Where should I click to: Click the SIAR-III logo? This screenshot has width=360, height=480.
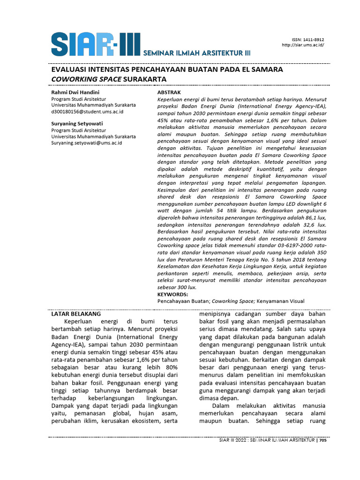(x=95, y=44)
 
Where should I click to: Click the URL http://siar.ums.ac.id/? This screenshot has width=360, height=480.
(x=303, y=45)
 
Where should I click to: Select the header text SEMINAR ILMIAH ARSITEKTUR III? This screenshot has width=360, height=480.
(x=196, y=53)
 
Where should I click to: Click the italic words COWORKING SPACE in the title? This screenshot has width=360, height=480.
(x=86, y=79)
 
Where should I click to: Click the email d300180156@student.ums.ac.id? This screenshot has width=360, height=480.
(x=87, y=112)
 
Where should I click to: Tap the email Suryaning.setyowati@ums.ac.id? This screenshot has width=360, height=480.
(x=86, y=143)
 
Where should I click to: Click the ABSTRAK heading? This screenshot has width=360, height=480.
(x=169, y=93)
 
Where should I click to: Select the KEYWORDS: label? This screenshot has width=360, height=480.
(x=172, y=294)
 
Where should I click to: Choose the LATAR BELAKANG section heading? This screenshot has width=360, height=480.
(x=75, y=314)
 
